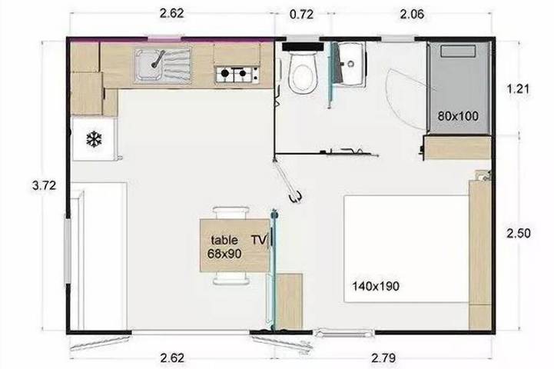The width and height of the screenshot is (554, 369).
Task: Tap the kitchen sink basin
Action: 149,65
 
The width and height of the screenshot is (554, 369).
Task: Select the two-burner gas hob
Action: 237,74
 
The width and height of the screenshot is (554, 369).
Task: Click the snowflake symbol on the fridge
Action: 94,139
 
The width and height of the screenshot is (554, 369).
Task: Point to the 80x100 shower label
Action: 458,116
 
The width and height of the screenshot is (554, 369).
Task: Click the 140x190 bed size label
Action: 376,285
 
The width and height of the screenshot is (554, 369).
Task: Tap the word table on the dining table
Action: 224,240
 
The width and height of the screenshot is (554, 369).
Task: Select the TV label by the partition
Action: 259,240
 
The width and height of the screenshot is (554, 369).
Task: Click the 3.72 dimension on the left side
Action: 44,185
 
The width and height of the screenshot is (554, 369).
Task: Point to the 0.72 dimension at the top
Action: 301,15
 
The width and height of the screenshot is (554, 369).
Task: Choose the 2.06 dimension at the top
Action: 412,15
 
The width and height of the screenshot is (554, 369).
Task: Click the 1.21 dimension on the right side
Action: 519,88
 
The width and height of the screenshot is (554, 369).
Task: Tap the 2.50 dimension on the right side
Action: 519,233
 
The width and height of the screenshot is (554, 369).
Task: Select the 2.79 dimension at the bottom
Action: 383,358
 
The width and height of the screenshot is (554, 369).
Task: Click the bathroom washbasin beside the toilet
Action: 350,64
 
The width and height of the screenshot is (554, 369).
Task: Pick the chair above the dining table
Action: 231,213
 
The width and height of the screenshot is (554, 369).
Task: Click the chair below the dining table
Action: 231,278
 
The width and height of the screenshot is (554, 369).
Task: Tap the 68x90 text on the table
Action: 224,254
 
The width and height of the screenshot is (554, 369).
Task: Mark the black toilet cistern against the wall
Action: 303,47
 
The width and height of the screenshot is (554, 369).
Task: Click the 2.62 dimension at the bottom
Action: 172,358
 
